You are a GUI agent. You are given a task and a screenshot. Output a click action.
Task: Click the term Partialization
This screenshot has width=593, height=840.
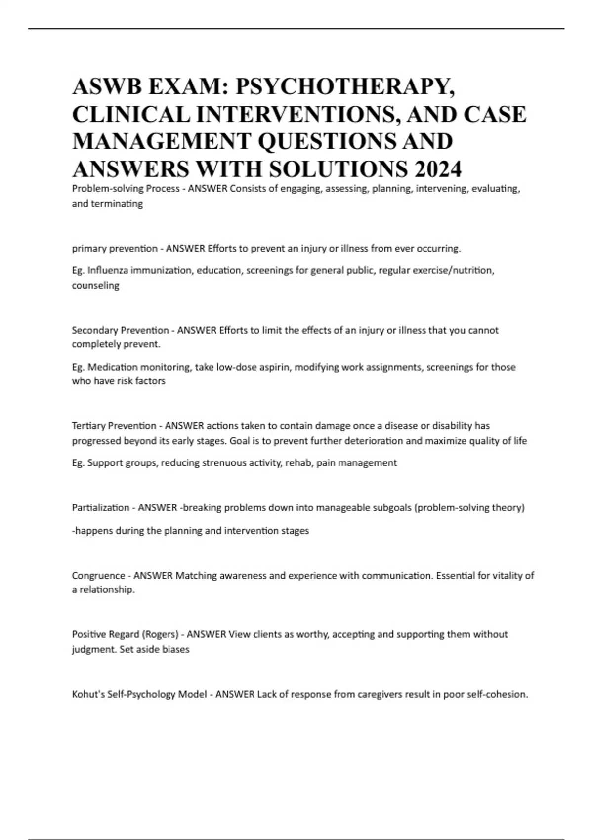(x=100, y=508)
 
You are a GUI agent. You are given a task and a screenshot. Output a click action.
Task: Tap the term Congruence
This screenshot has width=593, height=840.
(x=98, y=576)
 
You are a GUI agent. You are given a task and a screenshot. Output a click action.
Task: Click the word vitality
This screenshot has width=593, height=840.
(x=501, y=576)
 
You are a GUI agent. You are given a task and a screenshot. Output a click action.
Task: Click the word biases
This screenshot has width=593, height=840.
(x=176, y=649)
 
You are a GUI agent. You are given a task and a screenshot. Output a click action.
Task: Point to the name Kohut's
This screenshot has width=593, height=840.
(x=86, y=694)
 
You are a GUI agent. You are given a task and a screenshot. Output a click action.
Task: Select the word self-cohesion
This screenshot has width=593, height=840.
(x=500, y=694)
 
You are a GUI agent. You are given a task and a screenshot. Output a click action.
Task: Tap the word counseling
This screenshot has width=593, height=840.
(x=95, y=286)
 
